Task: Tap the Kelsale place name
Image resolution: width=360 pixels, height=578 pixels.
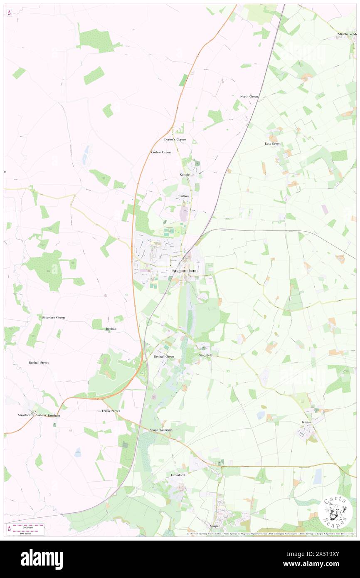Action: pos(185,175)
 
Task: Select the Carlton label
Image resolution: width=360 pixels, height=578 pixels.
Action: pos(184,196)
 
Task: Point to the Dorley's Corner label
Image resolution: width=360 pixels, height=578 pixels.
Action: pos(175,140)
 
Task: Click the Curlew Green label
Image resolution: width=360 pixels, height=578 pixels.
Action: pos(161,152)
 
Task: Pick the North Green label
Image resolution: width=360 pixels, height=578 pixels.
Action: pos(249,96)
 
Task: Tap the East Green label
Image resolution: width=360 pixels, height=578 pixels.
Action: pos(273,144)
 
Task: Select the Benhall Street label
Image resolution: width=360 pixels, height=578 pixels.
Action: pos(39,363)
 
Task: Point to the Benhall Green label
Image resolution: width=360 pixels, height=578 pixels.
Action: pos(164,357)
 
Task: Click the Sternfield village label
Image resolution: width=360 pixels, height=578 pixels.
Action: pos(205,355)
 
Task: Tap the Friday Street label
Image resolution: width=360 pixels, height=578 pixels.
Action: pos(111,411)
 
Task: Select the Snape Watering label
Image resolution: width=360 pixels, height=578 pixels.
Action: pos(160,430)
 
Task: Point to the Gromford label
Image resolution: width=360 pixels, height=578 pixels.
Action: pos(178,474)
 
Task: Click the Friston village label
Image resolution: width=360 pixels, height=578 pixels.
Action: pos(306,422)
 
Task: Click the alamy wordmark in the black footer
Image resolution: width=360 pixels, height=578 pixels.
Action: pos(42,559)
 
